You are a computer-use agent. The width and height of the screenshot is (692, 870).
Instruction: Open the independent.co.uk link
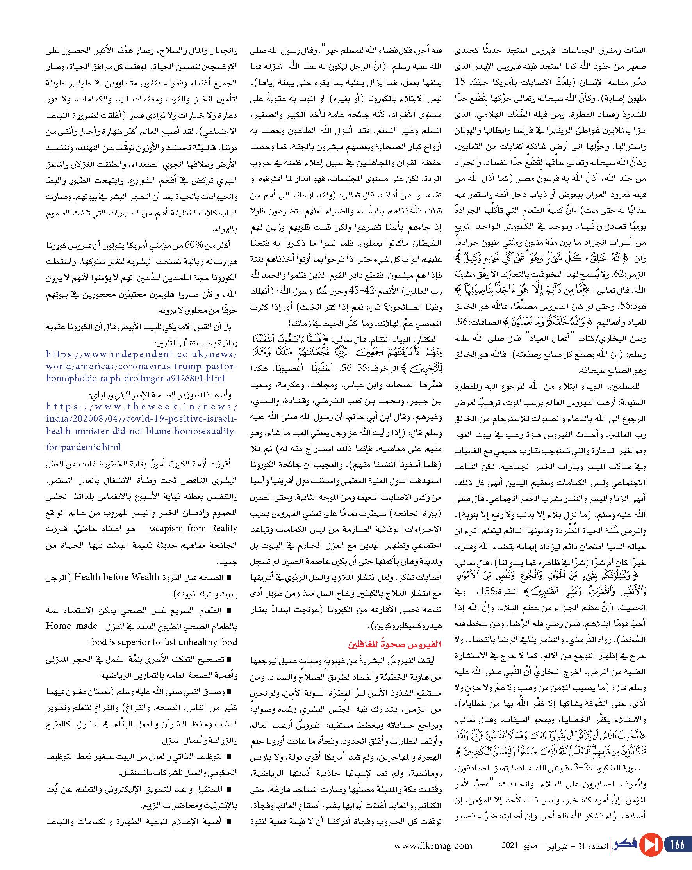click(141, 367)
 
